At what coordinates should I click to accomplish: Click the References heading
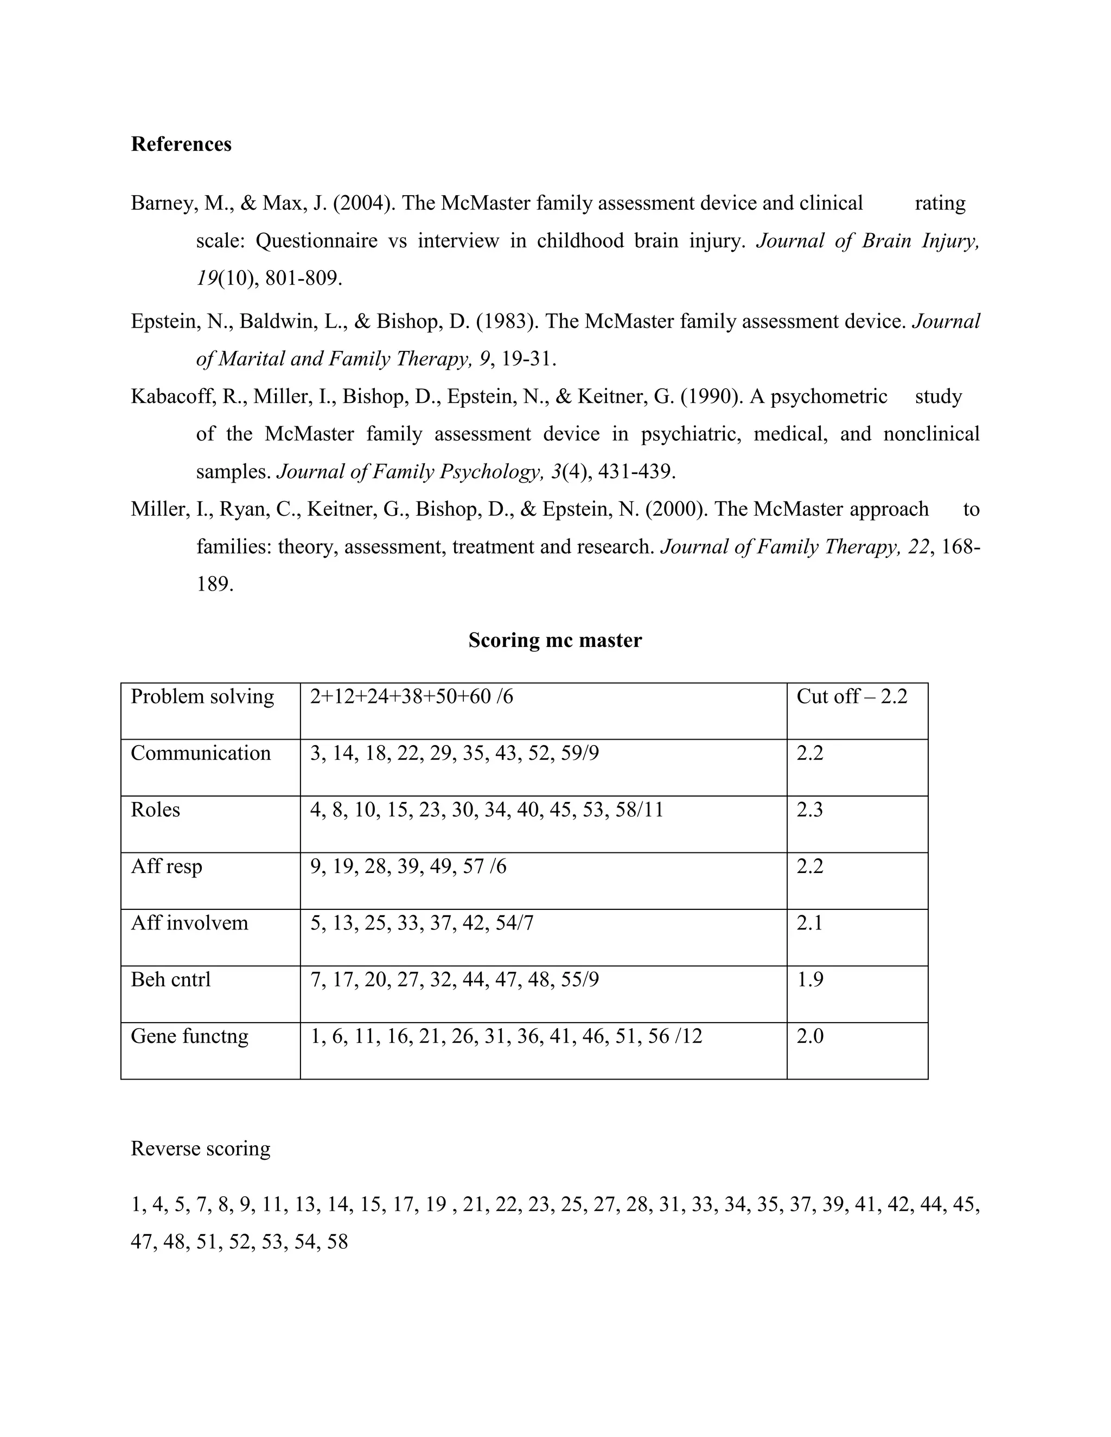coord(181,144)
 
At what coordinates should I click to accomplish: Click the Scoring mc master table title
coord(555,640)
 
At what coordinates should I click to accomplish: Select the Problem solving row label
coord(202,696)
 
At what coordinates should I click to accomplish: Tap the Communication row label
coord(201,753)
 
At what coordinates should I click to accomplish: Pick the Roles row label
coord(155,809)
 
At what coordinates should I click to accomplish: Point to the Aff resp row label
coord(167,866)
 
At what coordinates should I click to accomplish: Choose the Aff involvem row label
coord(189,922)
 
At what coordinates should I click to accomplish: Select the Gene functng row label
coord(189,1036)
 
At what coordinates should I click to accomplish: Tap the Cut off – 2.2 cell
coord(852,696)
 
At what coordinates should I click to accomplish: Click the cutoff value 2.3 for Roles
coord(809,809)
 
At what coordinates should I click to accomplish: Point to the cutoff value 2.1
coord(809,922)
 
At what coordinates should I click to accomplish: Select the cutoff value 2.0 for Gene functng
coord(809,1036)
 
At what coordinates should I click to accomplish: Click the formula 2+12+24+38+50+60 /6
coord(411,696)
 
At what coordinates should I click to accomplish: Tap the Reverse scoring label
coord(201,1148)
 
